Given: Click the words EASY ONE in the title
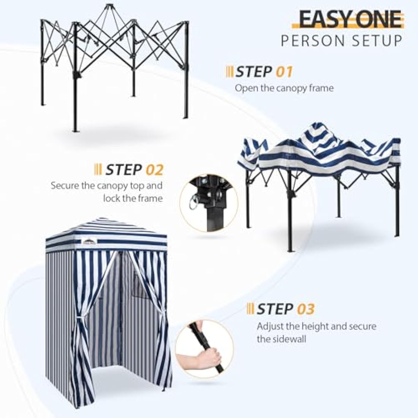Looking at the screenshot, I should click(350, 19).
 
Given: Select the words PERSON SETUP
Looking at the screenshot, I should click(341, 41).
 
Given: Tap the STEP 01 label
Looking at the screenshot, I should click(264, 71).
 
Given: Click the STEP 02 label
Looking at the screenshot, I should click(134, 169).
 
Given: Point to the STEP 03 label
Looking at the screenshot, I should click(285, 309).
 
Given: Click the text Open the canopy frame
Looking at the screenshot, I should click(284, 88).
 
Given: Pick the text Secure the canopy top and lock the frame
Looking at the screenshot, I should click(107, 192).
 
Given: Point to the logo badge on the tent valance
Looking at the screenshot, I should click(89, 239).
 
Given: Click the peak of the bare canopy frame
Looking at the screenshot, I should click(110, 6).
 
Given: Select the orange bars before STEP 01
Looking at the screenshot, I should click(230, 71).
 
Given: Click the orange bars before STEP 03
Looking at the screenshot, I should click(250, 309).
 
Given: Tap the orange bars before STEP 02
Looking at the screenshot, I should click(98, 169).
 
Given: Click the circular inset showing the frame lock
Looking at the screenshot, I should click(208, 203).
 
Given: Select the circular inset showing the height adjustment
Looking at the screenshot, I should click(204, 349).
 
